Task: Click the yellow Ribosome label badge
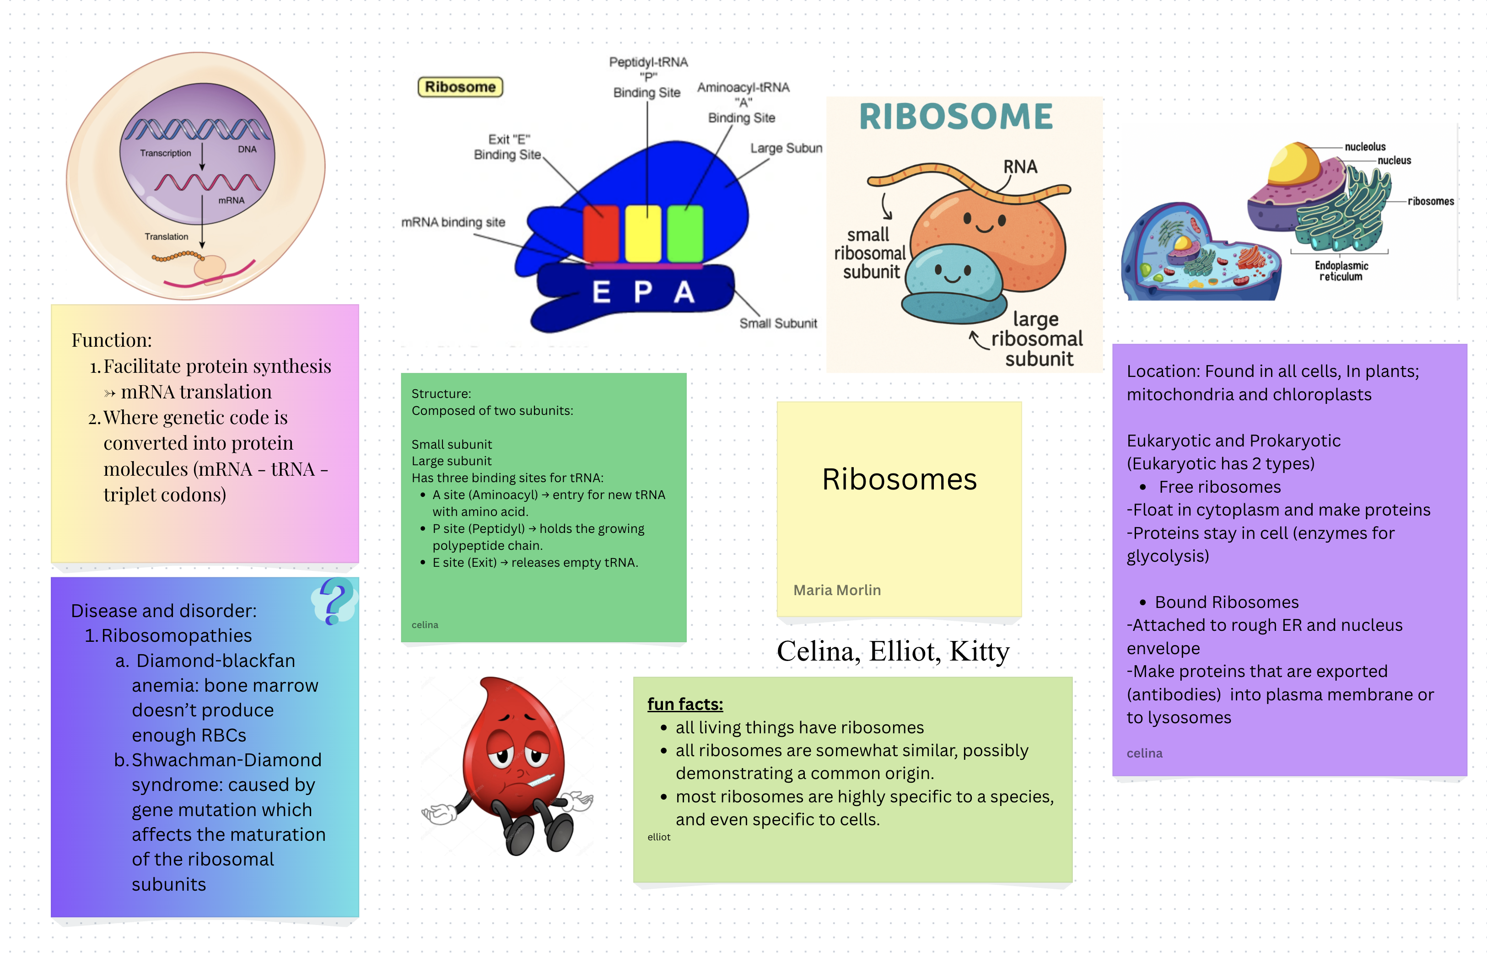tap(460, 87)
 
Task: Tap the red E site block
tap(600, 234)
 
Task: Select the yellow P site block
tap(642, 234)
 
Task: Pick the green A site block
tap(685, 234)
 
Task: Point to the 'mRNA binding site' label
tap(453, 222)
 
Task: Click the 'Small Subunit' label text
tap(777, 323)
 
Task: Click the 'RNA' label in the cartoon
tap(1020, 167)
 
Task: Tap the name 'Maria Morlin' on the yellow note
tap(836, 590)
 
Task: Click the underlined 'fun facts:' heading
tap(685, 704)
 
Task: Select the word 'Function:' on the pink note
tap(111, 340)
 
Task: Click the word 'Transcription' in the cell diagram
tap(165, 153)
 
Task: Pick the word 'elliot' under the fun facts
tap(659, 837)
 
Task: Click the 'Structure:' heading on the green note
tap(441, 393)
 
